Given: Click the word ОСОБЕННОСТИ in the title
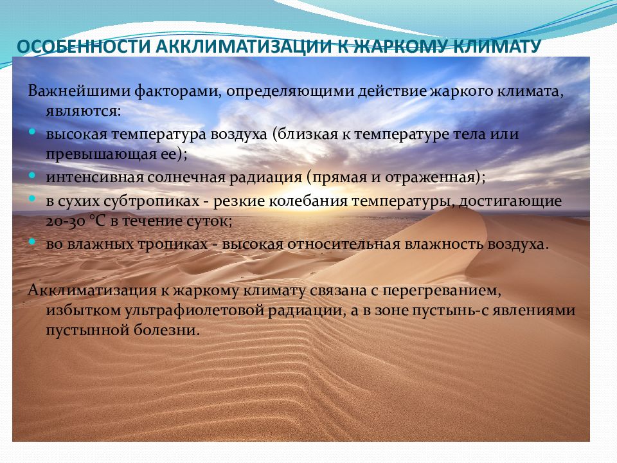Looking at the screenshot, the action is (x=84, y=46).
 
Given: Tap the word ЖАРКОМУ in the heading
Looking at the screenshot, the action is (x=399, y=46).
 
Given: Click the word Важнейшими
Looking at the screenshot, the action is (x=79, y=91).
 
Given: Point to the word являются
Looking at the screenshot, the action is (x=81, y=112).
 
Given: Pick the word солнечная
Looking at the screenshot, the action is (x=186, y=177).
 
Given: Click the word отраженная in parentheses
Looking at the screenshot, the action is (x=430, y=178).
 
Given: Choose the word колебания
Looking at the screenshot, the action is (x=308, y=201).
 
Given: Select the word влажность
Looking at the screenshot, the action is (x=444, y=244).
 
